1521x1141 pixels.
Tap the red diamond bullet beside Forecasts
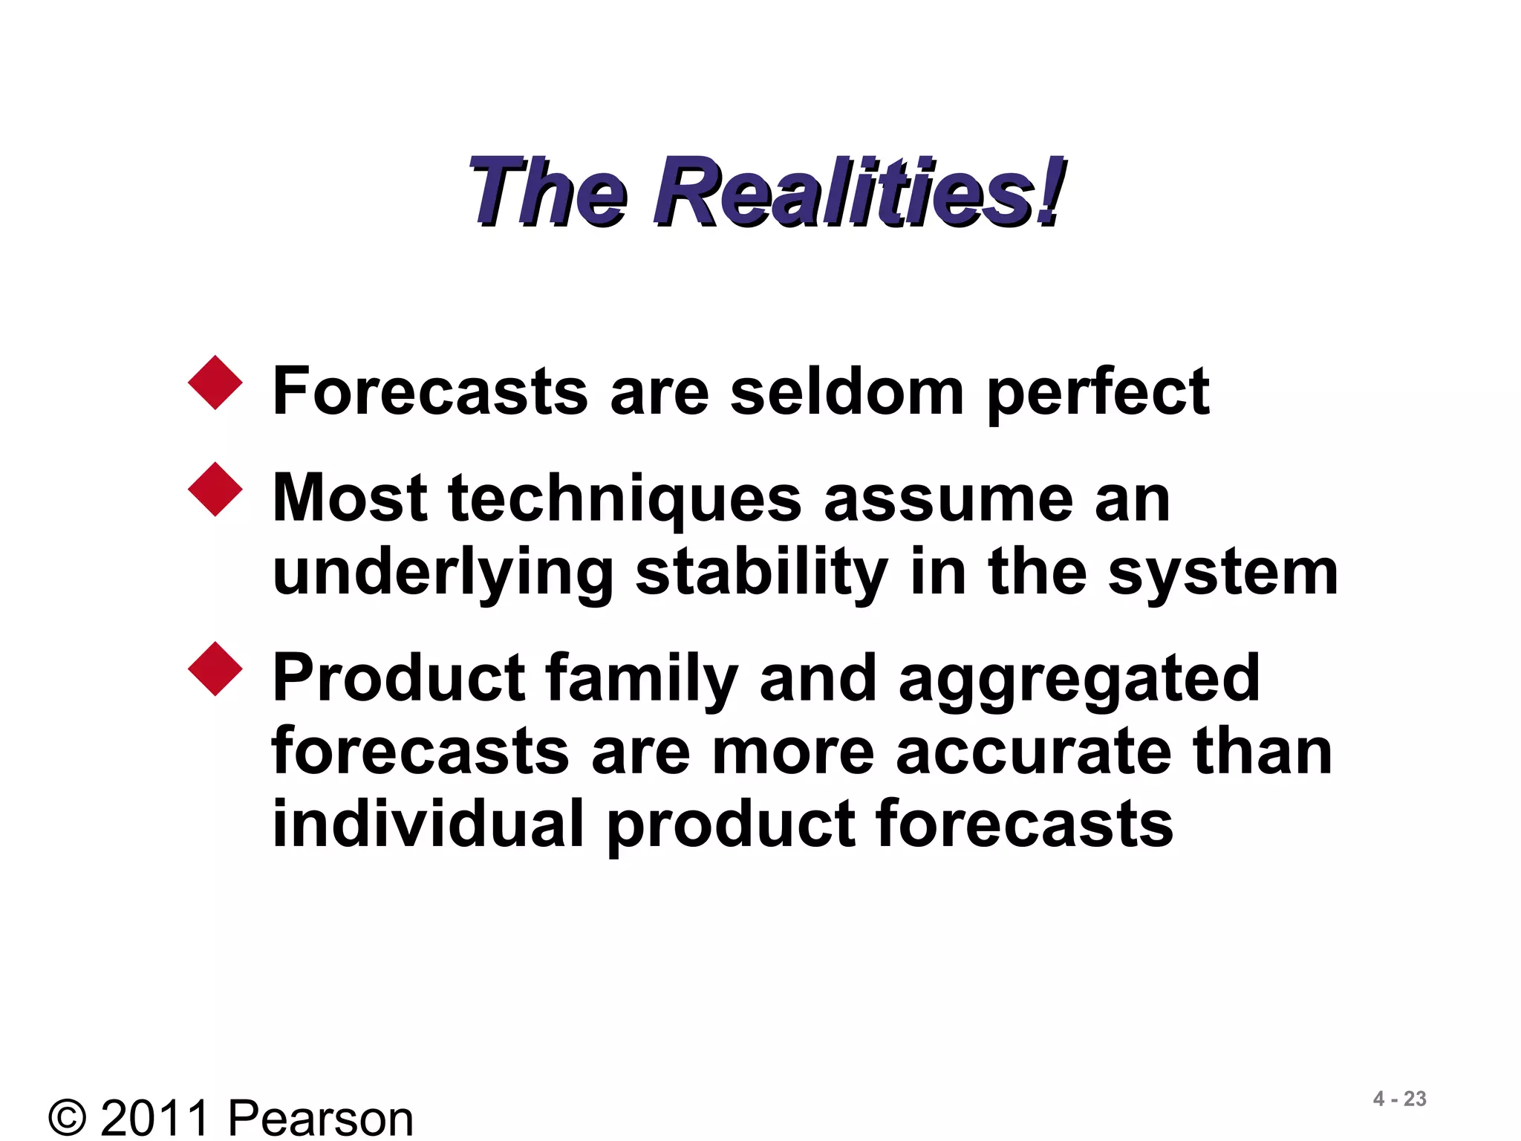215,383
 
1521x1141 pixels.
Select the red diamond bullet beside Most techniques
215,490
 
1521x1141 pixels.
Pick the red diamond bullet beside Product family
215,669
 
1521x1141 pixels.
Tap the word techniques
625,499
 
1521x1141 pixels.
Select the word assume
948,499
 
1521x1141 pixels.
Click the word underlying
443,573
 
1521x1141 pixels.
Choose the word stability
761,573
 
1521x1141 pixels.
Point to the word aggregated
1078,679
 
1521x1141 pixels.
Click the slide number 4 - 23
1399,1099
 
